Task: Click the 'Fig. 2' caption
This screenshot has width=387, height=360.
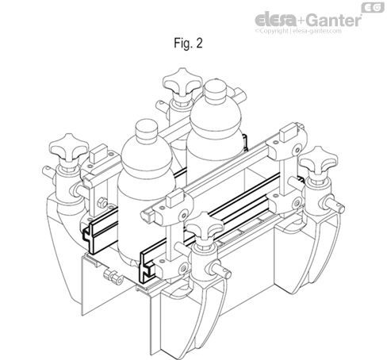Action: [188, 44]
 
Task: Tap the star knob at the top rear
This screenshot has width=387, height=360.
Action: [179, 82]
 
